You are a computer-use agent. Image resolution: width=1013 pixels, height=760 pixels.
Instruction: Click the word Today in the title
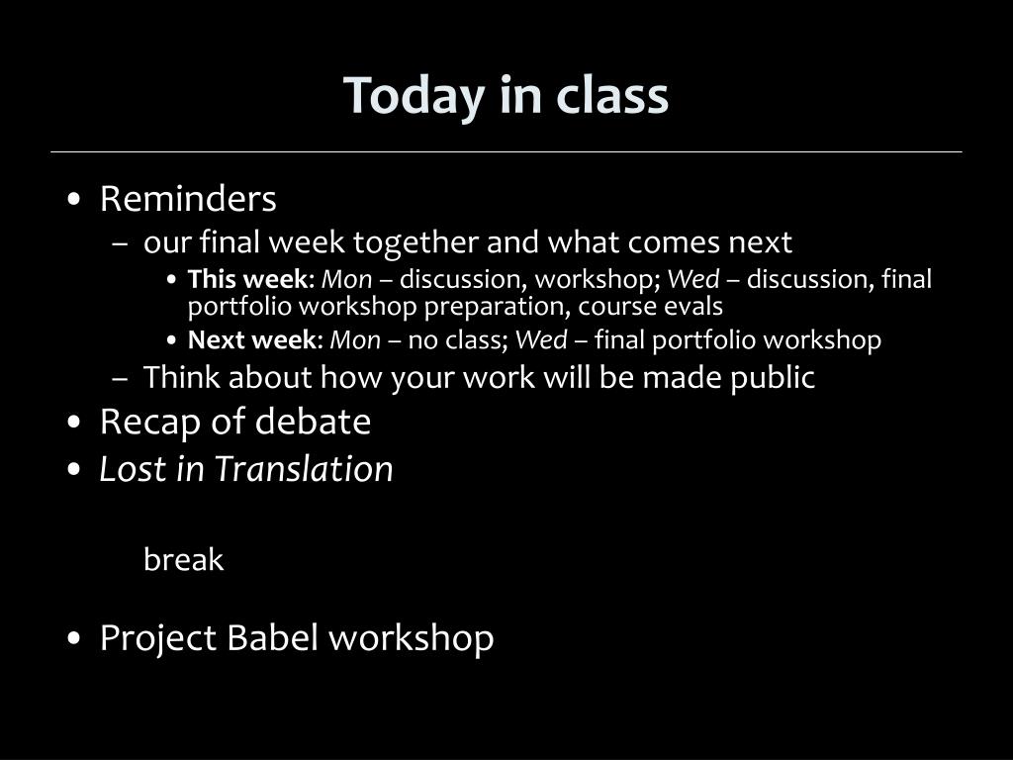(414, 96)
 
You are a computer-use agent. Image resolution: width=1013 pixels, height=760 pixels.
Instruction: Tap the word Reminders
(188, 198)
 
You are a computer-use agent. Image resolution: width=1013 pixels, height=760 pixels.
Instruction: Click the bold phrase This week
(247, 279)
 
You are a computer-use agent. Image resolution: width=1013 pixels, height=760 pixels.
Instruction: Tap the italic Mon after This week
(347, 279)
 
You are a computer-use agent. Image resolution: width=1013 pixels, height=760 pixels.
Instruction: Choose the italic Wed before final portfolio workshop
(541, 340)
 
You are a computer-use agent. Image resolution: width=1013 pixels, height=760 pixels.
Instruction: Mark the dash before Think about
(120, 379)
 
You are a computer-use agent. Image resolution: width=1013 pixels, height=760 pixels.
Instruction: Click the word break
(183, 559)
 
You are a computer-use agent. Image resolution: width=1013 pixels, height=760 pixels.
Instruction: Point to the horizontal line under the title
(506, 151)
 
